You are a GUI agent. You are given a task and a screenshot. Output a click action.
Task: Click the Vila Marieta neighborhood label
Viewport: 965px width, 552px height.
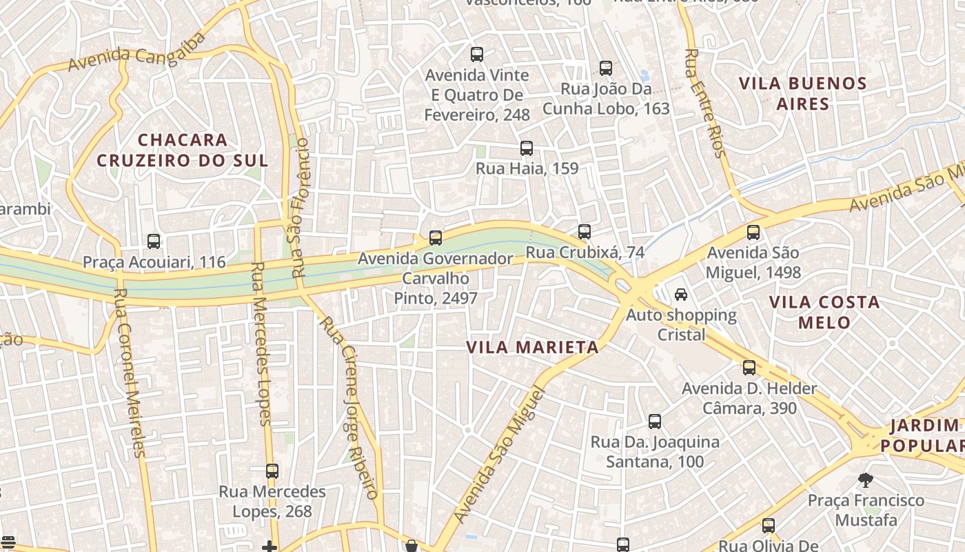point(532,347)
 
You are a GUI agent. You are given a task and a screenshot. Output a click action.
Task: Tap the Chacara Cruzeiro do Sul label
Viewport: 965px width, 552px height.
point(182,150)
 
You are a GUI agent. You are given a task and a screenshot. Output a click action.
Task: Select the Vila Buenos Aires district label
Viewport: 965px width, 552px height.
point(802,94)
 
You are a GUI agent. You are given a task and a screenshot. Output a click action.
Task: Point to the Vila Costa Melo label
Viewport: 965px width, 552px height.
point(824,312)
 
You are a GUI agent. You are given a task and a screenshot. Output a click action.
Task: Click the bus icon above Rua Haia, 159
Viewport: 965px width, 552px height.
point(527,148)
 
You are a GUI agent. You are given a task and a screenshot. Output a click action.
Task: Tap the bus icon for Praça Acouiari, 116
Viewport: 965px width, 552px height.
point(154,241)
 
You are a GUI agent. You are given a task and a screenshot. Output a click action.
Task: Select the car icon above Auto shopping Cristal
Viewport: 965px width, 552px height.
point(681,295)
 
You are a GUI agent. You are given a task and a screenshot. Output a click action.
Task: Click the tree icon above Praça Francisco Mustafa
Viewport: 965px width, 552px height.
point(866,480)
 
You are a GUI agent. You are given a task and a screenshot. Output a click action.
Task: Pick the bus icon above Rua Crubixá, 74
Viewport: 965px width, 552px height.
point(585,232)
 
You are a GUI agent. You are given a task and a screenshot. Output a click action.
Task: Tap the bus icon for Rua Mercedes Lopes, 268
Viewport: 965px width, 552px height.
point(272,471)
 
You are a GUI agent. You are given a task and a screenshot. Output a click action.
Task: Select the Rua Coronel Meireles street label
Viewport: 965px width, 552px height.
point(130,373)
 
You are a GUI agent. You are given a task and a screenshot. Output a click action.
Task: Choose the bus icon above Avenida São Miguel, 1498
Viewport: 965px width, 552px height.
point(753,233)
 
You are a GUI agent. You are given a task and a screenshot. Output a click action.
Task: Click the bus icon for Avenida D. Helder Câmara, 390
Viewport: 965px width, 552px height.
point(749,368)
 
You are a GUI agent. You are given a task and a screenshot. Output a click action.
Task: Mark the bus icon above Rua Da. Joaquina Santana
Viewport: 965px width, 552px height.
point(655,421)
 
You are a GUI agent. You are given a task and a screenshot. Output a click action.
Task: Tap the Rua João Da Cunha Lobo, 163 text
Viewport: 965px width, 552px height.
point(606,99)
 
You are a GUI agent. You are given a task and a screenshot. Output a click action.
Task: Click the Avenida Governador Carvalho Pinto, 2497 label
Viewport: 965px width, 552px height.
point(436,278)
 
